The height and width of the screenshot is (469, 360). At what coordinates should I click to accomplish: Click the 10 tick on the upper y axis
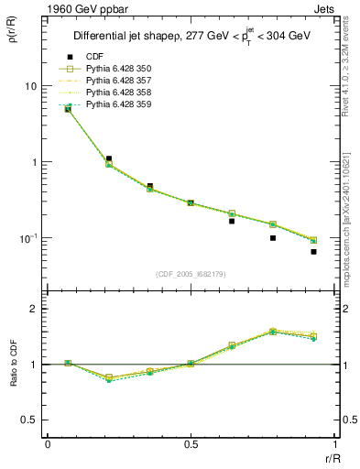coord(29,86)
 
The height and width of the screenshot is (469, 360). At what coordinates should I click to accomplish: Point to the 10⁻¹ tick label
coord(27,238)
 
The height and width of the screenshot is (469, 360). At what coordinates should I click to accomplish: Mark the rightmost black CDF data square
coord(313,252)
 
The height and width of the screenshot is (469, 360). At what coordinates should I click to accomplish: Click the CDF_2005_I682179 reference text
coord(190,274)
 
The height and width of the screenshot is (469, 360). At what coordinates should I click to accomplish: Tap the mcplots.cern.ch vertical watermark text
coord(351,234)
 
